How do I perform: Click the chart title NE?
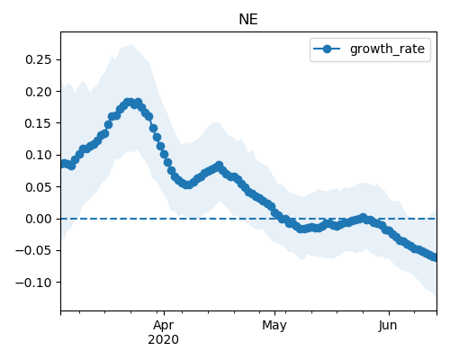point(248,20)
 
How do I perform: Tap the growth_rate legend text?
point(387,49)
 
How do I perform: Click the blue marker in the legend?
point(327,49)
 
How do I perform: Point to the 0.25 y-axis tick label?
point(39,59)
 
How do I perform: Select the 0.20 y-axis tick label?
point(39,92)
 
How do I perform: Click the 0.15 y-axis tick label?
point(39,123)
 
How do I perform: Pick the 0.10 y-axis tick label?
point(39,155)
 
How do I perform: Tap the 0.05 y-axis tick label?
point(39,187)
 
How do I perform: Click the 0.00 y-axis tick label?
point(39,219)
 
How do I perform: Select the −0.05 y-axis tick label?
point(33,250)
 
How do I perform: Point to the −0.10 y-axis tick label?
point(33,283)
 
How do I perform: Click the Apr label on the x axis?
point(164,326)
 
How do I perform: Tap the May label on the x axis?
point(274,326)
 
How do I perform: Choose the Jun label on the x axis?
point(388,326)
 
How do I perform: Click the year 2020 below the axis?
point(164,339)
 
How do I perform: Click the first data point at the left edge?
point(63,164)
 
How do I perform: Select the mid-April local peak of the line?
point(220,166)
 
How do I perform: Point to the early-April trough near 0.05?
point(187,184)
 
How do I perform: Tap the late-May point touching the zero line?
point(363,218)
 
